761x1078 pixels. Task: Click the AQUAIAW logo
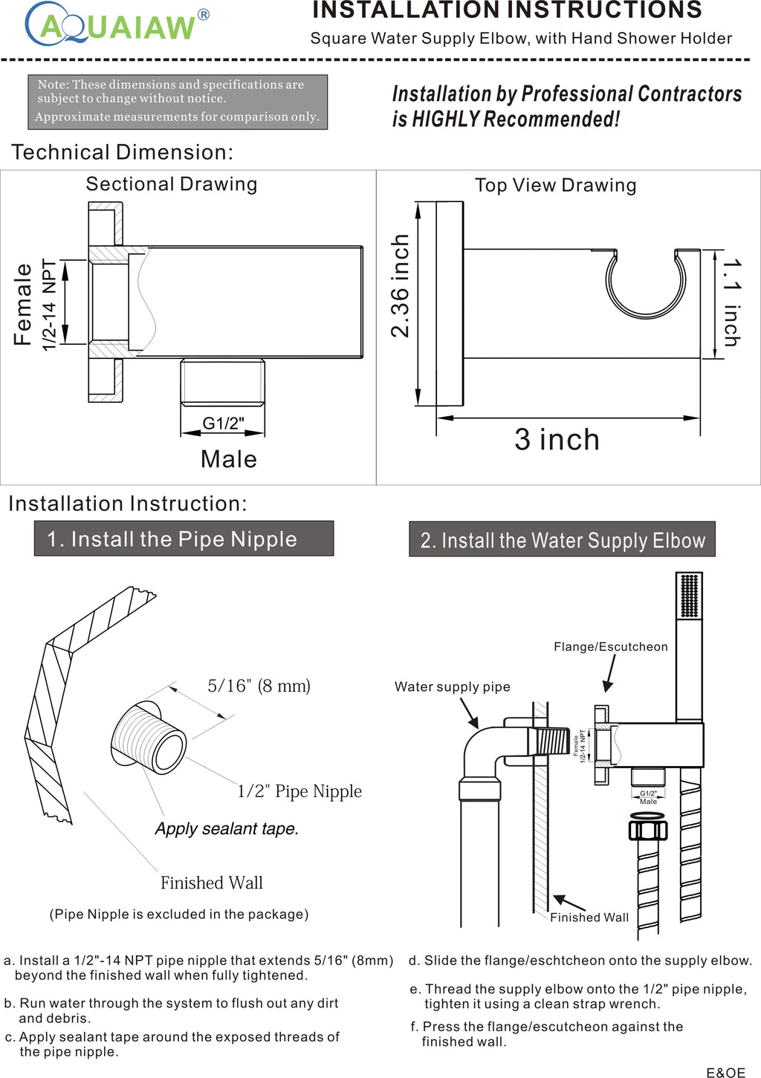(117, 25)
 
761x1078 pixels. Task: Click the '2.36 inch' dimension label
(401, 286)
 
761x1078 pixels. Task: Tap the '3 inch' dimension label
(557, 440)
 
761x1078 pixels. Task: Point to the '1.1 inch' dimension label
(732, 302)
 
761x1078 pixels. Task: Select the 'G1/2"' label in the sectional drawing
(223, 423)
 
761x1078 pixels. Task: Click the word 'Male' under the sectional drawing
(229, 459)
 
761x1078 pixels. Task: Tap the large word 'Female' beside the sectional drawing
(23, 304)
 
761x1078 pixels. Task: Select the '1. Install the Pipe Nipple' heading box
(184, 539)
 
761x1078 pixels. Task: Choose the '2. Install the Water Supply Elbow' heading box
(562, 540)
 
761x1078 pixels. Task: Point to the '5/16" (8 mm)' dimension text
(259, 685)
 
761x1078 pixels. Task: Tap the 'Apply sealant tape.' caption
(227, 828)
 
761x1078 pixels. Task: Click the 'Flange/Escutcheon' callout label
(610, 646)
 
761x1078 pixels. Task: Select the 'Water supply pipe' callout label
(452, 686)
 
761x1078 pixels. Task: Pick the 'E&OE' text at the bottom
(725, 1072)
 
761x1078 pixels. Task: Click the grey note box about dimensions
(178, 102)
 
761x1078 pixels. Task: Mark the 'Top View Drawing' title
(555, 186)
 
